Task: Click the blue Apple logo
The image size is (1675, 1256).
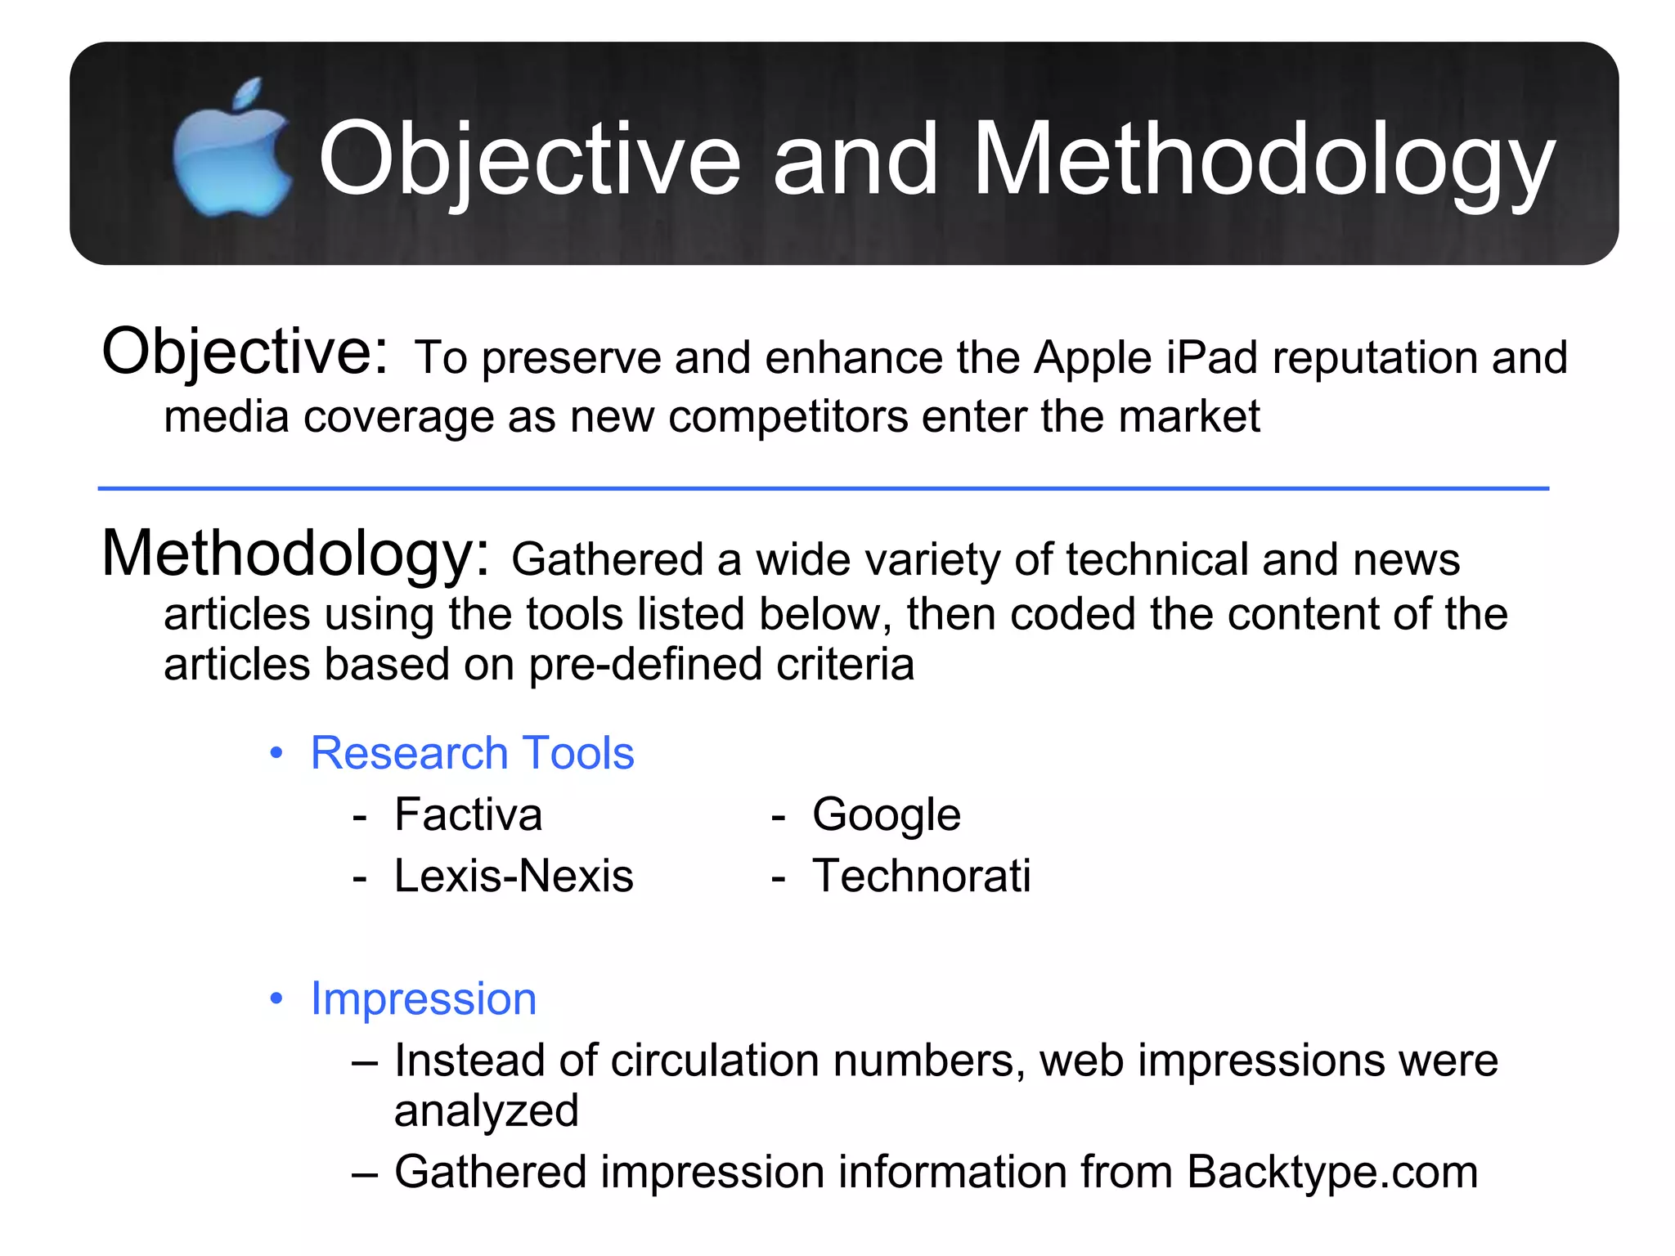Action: coord(231,151)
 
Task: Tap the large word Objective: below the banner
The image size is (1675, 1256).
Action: coord(245,352)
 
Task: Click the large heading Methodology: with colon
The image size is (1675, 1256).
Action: coord(295,554)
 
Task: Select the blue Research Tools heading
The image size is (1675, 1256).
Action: coord(472,752)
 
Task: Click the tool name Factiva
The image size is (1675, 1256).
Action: coord(468,814)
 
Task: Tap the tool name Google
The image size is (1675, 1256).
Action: coord(886,814)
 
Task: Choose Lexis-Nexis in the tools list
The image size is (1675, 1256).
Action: coord(514,876)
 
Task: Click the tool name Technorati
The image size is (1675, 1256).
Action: coord(921,876)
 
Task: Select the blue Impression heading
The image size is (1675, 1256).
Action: coord(424,998)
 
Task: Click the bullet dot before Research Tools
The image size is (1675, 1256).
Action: coord(276,752)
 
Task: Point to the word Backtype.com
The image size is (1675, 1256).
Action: coord(1331,1172)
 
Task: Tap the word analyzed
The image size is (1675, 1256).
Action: coord(486,1110)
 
